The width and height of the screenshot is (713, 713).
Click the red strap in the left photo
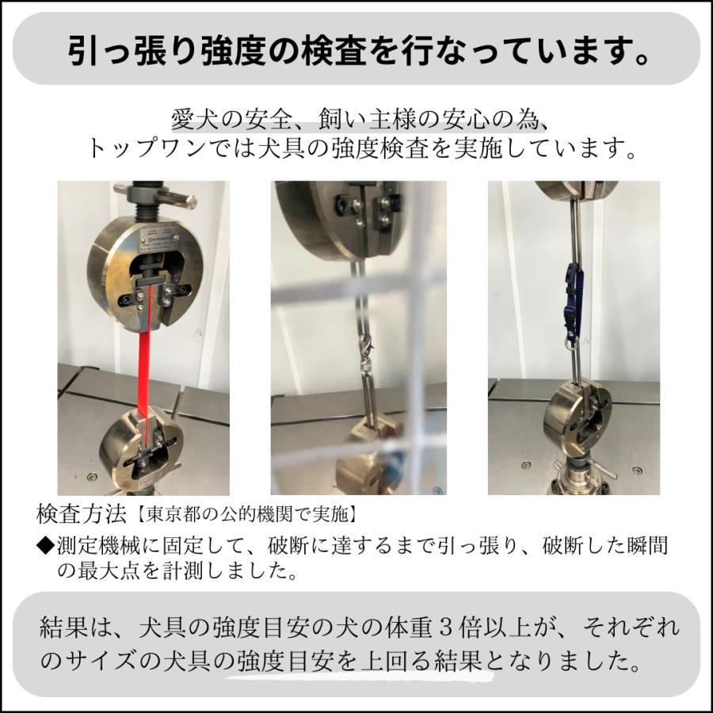(x=146, y=364)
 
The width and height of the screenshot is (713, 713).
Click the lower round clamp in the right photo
(x=575, y=416)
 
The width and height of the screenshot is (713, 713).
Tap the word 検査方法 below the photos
(x=82, y=514)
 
